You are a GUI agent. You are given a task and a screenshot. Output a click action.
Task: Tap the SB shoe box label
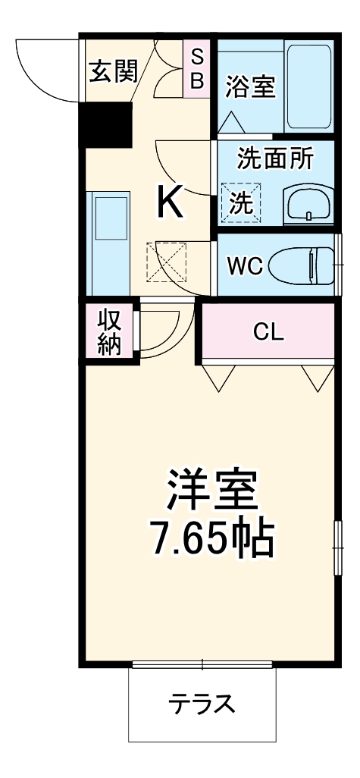196,68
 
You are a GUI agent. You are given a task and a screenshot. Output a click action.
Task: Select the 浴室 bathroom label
250,86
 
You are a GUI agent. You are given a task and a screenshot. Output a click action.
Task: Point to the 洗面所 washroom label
275,159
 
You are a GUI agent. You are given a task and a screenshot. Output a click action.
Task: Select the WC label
244,266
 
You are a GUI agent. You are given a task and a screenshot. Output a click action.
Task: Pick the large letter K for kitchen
171,202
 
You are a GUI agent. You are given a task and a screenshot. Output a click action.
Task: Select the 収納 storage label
109,331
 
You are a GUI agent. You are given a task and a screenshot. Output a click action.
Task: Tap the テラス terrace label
202,704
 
